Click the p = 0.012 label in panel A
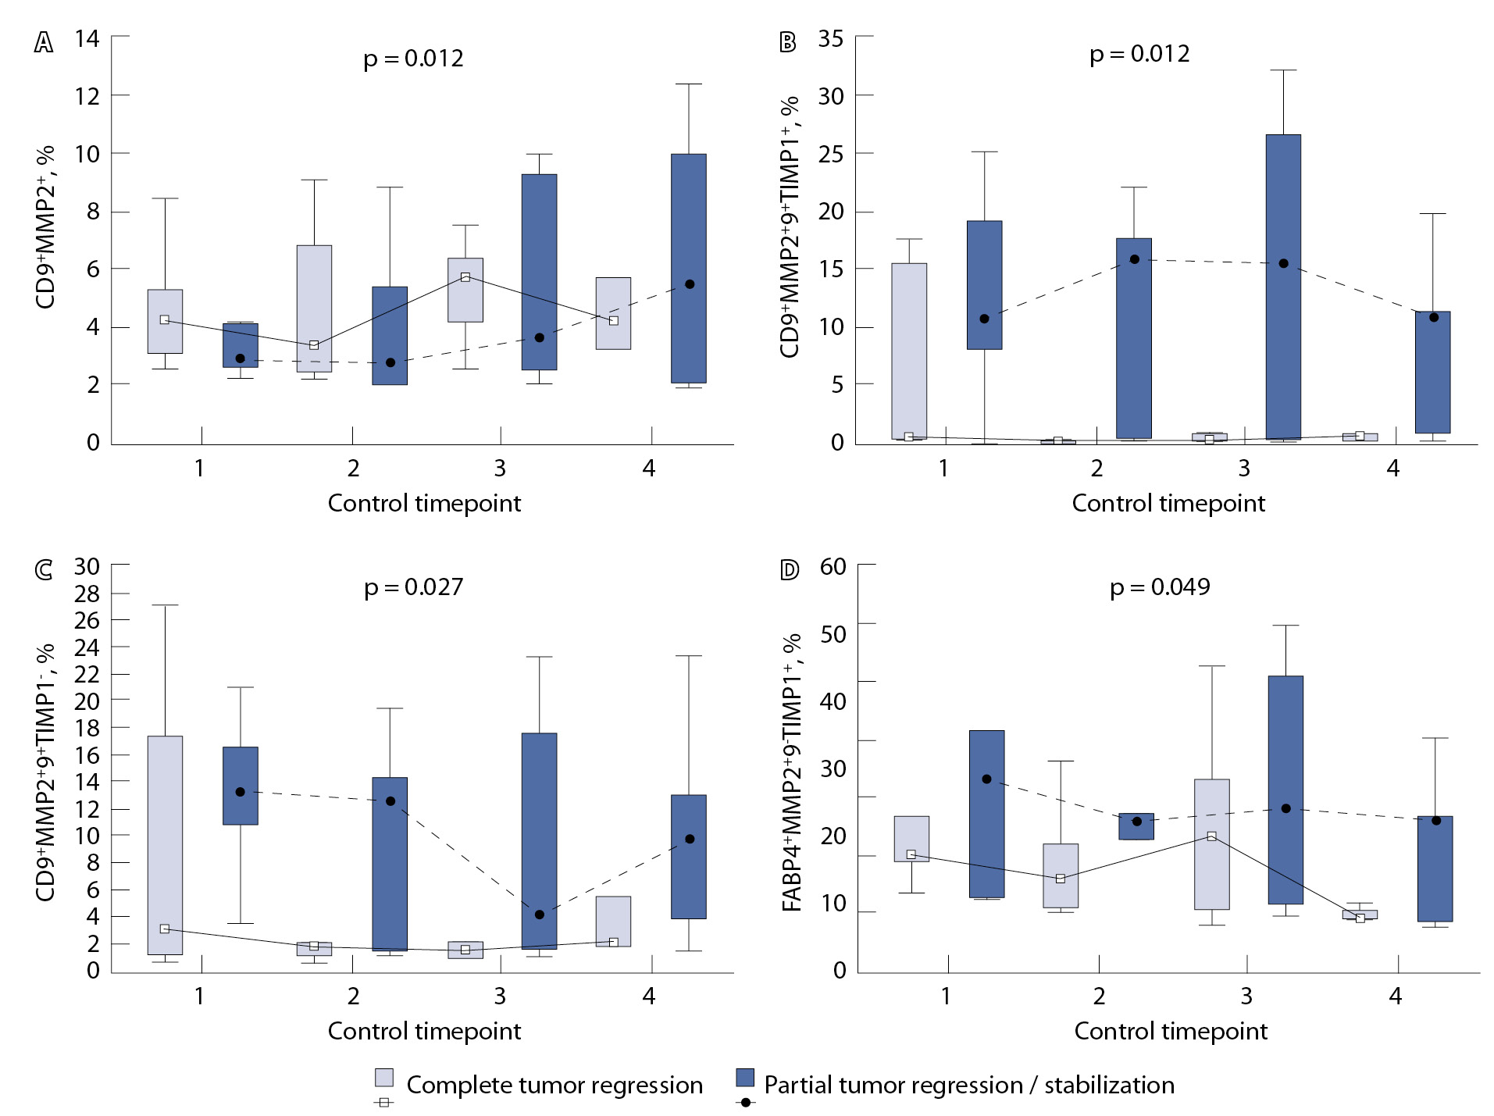413,59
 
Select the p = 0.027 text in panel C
413,587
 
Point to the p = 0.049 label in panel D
1160,587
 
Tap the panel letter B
788,42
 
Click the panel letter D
790,570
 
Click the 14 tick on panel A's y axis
87,38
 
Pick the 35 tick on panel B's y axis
831,38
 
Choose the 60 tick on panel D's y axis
833,566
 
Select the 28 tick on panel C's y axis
87,594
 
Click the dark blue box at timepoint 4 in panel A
689,268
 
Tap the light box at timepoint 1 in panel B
910,351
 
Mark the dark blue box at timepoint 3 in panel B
1283,287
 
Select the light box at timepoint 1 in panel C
165,845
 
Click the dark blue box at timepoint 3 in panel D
1285,790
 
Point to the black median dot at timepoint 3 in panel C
540,915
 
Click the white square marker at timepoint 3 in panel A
465,277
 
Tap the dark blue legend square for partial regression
746,1078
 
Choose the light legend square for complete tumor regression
384,1078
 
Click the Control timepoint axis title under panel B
1168,503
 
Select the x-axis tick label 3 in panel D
1246,996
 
